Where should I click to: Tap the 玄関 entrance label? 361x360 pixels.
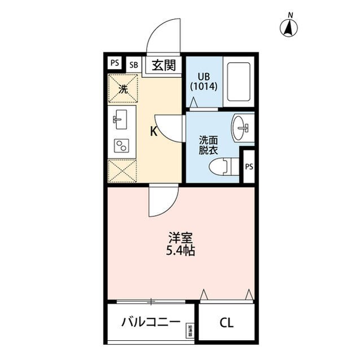click(164, 65)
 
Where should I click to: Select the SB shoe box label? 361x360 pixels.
click(134, 64)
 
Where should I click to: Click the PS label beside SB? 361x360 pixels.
click(115, 63)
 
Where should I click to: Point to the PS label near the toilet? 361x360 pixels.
click(248, 166)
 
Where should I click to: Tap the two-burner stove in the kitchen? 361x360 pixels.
click(121, 145)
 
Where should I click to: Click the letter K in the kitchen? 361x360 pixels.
click(153, 132)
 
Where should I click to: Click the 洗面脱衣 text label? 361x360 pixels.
click(207, 145)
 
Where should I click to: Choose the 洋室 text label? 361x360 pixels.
click(180, 238)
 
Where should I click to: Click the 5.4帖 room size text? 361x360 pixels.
click(180, 251)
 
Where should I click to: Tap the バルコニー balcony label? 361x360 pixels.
click(151, 322)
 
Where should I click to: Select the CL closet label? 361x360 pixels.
click(226, 323)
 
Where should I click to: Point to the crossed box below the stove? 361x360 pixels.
click(122, 170)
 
